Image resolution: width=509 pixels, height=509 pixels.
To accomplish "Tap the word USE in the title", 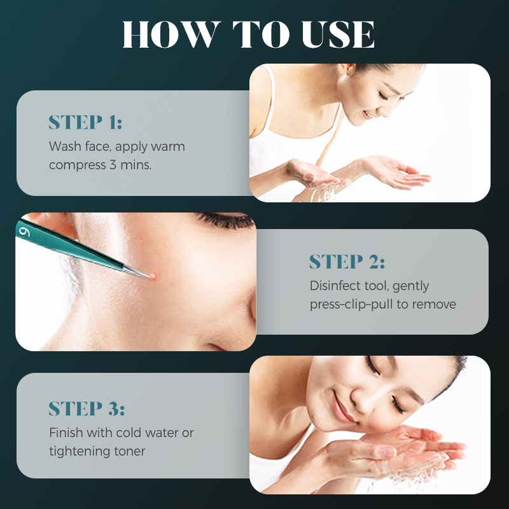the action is click(338, 34).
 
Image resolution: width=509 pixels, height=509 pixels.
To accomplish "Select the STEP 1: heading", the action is click(85, 122).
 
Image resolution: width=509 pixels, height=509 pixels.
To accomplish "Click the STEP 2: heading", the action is click(347, 262).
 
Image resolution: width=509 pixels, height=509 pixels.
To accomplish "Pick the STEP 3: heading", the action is click(87, 408).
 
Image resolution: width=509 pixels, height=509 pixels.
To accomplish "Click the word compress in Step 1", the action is click(78, 165).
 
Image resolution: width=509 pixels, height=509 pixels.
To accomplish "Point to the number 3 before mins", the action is click(113, 165).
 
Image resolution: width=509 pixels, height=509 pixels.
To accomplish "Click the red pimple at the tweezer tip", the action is click(153, 276).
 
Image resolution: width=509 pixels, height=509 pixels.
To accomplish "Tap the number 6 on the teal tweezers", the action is click(24, 232).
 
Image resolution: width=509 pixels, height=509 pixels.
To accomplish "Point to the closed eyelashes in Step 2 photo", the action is click(226, 220).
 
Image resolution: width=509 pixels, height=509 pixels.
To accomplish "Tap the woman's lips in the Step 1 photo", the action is click(368, 115).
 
